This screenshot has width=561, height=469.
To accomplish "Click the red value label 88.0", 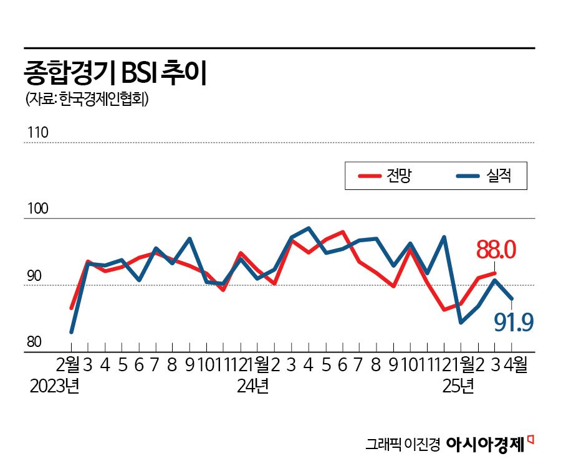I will [x=496, y=250].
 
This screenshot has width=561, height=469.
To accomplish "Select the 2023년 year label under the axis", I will [x=54, y=386].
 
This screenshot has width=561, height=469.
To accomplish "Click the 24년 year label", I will [x=252, y=386].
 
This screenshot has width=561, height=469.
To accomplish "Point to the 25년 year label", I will [x=458, y=386].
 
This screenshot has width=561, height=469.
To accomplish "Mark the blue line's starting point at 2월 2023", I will [x=72, y=332].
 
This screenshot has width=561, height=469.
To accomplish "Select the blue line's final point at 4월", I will [x=512, y=300].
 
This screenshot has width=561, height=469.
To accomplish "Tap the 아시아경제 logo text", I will [x=486, y=443].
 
